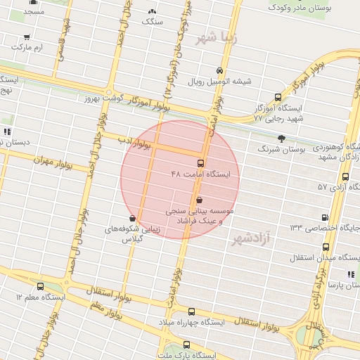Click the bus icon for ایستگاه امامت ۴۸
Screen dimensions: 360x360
202,163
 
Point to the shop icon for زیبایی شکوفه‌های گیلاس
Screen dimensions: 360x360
134,219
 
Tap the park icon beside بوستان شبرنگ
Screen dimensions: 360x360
282,139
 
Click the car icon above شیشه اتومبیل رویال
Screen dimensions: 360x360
220,71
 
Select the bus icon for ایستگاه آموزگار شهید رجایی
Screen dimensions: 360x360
278,98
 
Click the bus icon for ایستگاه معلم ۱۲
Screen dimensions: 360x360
40,287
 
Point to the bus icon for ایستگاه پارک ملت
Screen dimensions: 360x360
186,345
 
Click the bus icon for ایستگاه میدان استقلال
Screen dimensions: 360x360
326,247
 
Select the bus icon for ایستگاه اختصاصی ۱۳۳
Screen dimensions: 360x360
324,218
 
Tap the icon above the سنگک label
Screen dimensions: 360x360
151,12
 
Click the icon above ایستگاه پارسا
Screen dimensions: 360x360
349,274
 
